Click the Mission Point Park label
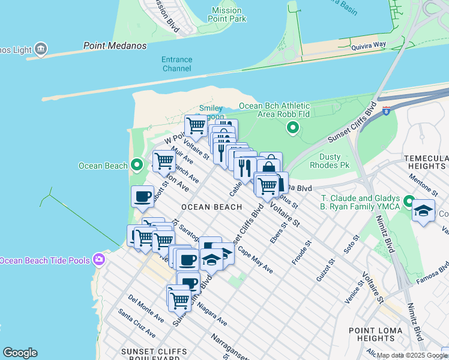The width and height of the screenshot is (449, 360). pos(229,15)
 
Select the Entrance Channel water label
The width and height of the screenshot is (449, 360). pos(176,64)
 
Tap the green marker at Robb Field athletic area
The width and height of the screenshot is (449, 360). pos(292,127)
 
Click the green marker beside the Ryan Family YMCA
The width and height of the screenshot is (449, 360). pos(409,201)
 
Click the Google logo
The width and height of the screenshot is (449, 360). pos(20,353)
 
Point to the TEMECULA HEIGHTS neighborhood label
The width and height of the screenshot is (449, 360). pos(426,162)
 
